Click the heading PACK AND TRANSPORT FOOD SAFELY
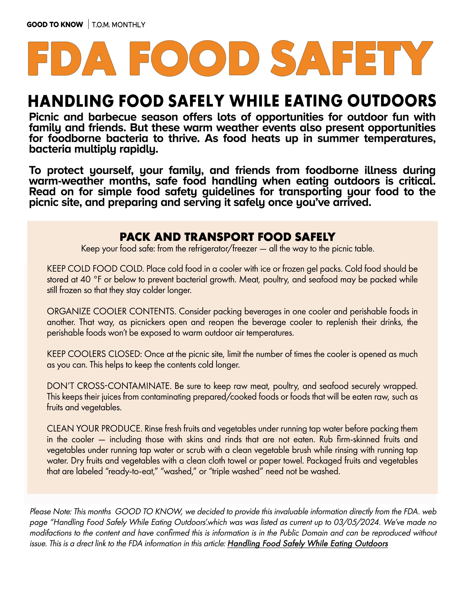[x=227, y=237]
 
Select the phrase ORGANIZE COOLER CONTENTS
[x=111, y=311]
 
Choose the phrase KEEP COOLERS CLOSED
[x=94, y=354]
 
